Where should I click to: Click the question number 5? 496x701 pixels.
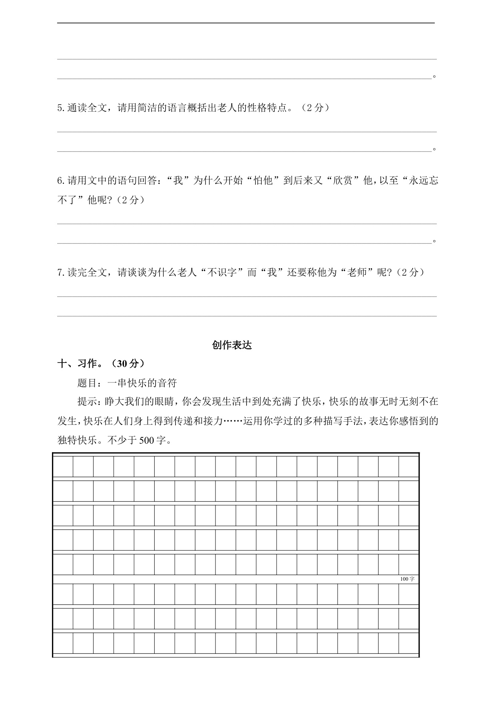[x=60, y=108]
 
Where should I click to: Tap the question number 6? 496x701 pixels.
[x=60, y=181]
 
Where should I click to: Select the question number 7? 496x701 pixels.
[x=60, y=273]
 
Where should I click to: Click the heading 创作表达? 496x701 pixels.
[x=232, y=345]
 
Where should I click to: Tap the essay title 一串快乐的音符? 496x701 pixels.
[x=142, y=383]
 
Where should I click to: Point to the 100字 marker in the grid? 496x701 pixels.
[x=407, y=579]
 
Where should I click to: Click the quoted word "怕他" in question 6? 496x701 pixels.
[x=263, y=181]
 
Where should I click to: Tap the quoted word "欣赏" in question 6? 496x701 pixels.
[x=342, y=181]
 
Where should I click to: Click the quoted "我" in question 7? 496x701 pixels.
[x=272, y=273]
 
